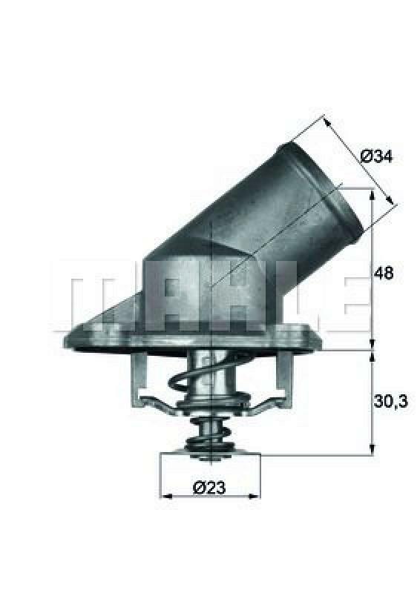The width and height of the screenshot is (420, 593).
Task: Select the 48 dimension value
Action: [x=384, y=273]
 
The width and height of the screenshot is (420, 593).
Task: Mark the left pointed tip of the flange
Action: [x=66, y=341]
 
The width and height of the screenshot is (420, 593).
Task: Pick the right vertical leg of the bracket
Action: [x=280, y=378]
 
